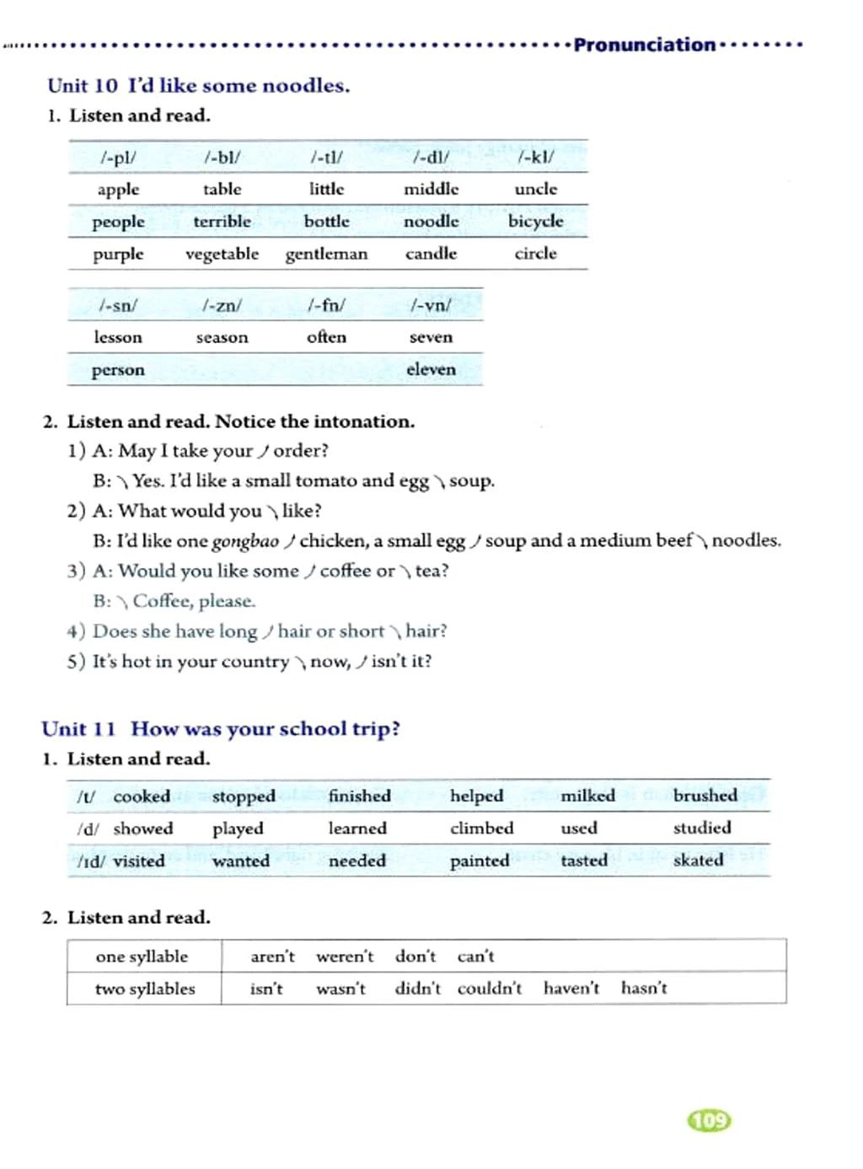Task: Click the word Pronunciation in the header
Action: [x=644, y=45]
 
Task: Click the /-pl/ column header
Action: [x=118, y=157]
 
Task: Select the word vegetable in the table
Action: [x=222, y=254]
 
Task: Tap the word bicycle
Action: [x=535, y=222]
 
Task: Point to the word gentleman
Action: [x=326, y=254]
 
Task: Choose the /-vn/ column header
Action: [x=431, y=305]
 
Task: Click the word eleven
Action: [x=431, y=369]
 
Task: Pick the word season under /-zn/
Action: [x=222, y=337]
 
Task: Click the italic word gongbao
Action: [x=245, y=541]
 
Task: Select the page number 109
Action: [x=710, y=1120]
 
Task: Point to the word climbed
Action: [x=481, y=828]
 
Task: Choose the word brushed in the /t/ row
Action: [x=705, y=796]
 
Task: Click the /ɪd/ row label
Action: [x=89, y=861]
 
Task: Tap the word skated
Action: [x=698, y=861]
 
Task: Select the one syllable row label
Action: [x=142, y=957]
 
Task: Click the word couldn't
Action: [x=490, y=989]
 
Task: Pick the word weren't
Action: [x=345, y=957]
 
